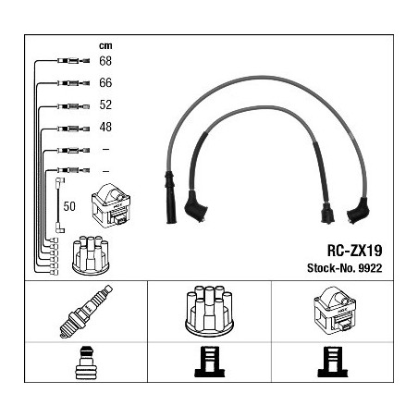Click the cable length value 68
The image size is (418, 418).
click(x=105, y=61)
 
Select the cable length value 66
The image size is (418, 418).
click(x=105, y=82)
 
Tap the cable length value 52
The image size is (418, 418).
click(x=105, y=104)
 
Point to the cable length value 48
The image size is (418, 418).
click(x=105, y=127)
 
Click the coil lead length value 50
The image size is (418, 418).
click(x=69, y=206)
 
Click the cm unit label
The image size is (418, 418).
click(x=105, y=46)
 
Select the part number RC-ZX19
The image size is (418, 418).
click(x=354, y=251)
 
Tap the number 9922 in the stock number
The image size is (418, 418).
click(x=370, y=268)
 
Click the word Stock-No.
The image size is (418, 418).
click(x=331, y=268)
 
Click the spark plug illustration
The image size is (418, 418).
click(x=86, y=312)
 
